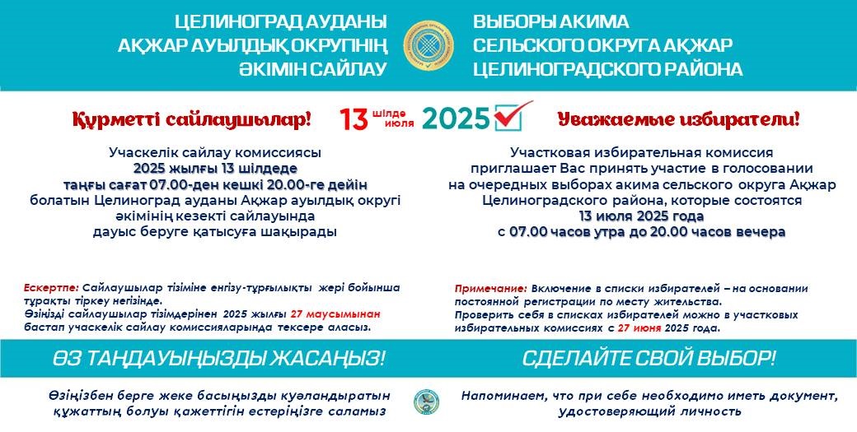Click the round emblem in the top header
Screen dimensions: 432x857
tap(428, 44)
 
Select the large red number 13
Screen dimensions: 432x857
tap(354, 120)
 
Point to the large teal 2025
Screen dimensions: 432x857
tap(456, 120)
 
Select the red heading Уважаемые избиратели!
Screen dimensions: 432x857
tap(677, 120)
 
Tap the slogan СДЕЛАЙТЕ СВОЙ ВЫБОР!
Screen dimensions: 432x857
tap(649, 359)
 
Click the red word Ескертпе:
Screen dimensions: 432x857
tap(52, 288)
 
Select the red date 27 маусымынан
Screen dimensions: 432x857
tap(335, 314)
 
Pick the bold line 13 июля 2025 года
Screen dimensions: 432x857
tap(641, 216)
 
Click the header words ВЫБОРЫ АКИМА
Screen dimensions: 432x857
tap(550, 21)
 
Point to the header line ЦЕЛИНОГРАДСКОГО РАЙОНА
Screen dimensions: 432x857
tap(607, 69)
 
